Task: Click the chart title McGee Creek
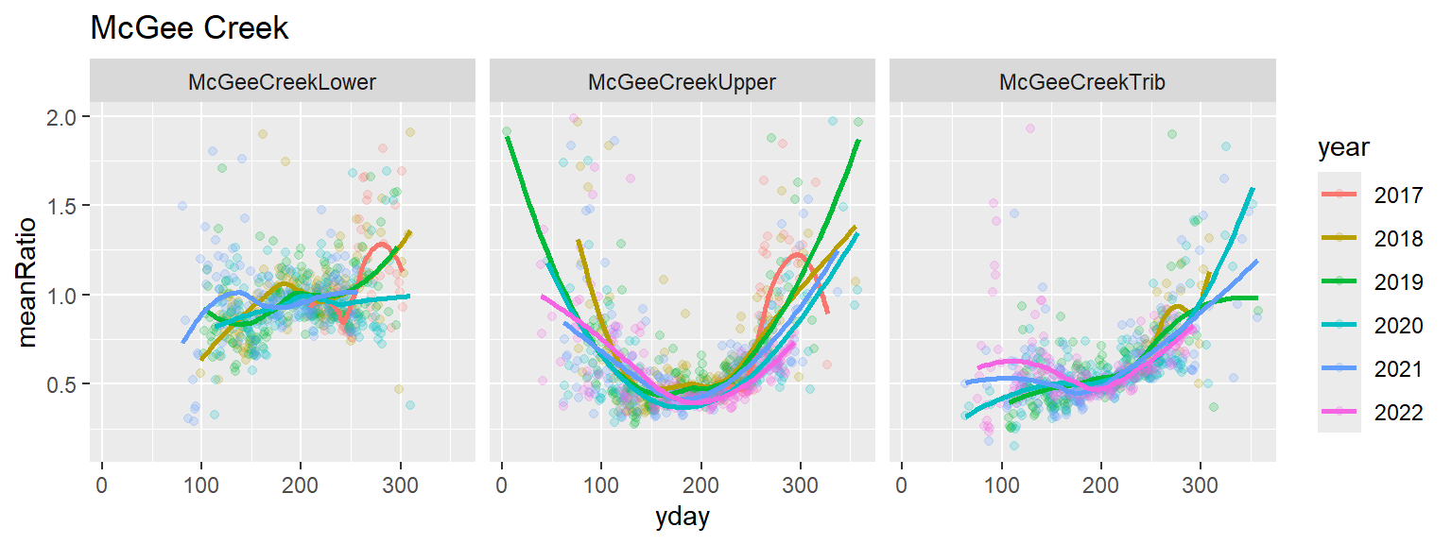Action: [189, 29]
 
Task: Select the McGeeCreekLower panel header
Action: [282, 82]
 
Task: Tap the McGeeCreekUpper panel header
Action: [682, 82]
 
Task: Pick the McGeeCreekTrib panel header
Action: [1082, 82]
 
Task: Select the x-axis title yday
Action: [682, 518]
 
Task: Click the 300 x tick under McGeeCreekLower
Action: [400, 484]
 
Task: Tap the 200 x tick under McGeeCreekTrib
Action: [1100, 484]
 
